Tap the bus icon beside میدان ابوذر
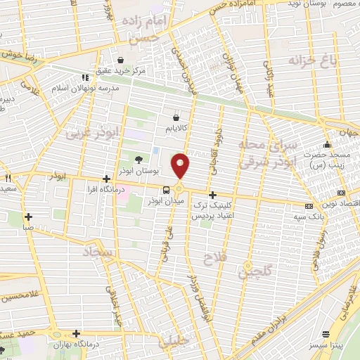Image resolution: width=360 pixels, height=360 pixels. [x=166, y=190]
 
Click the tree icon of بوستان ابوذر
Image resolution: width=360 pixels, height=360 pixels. [x=147, y=160]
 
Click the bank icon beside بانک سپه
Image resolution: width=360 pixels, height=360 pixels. [x=309, y=207]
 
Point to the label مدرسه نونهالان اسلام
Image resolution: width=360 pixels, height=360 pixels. [x=77, y=89]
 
